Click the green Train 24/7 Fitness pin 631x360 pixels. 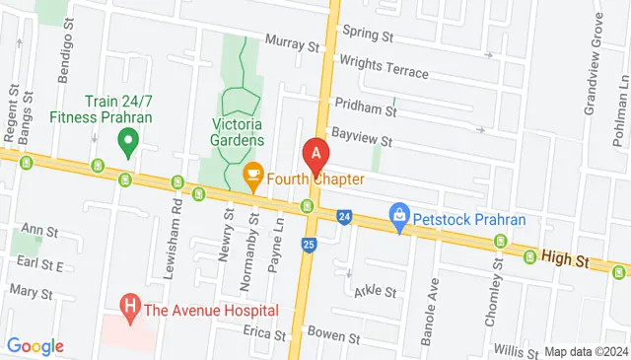[126, 145]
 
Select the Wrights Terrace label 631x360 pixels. [384, 66]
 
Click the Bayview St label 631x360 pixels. [362, 139]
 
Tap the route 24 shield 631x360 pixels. [343, 215]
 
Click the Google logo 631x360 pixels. [35, 346]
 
